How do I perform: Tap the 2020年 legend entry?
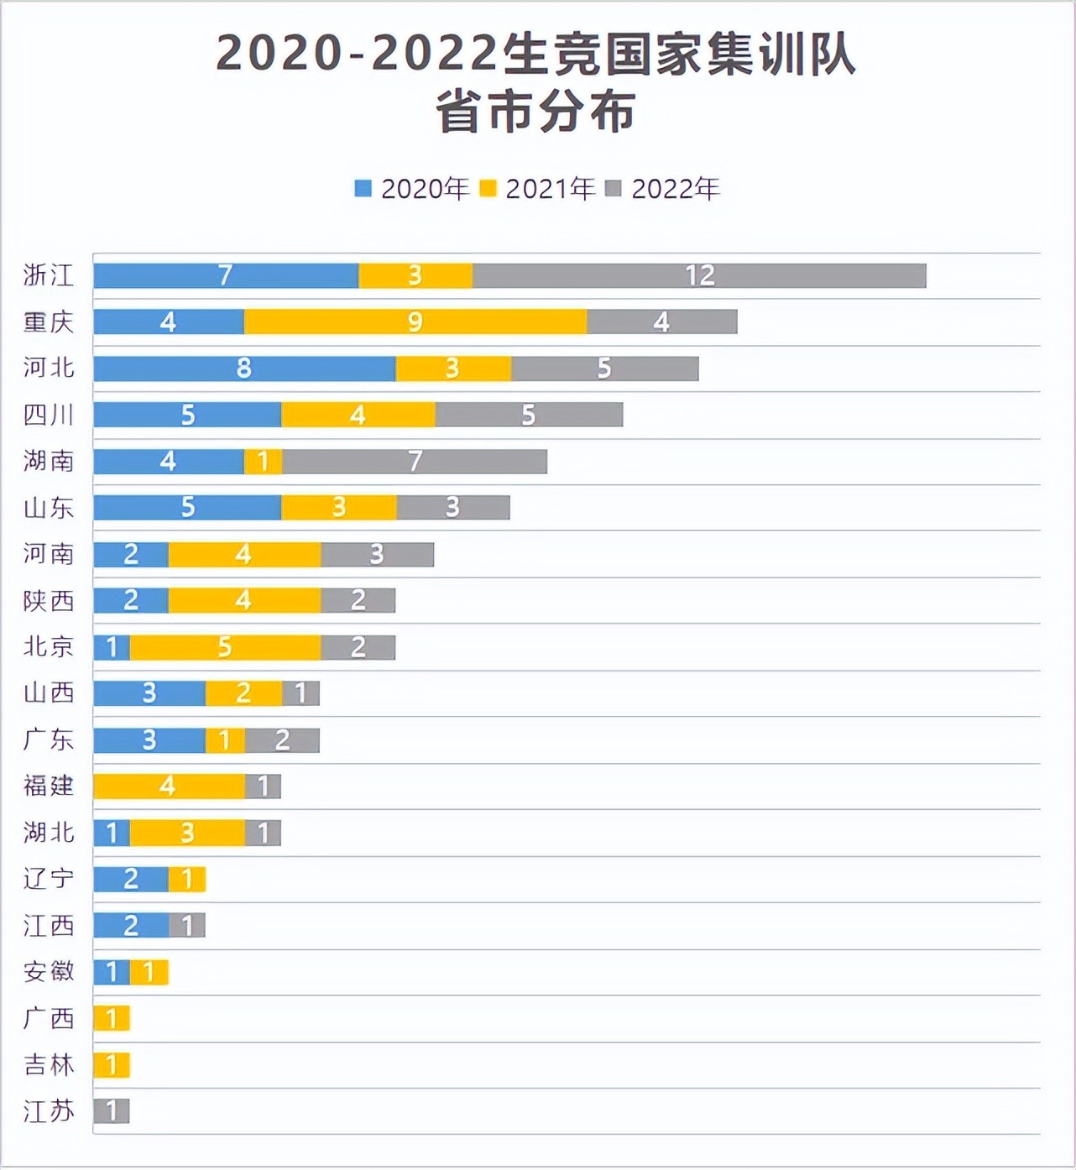click(411, 189)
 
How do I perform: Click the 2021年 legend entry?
click(537, 189)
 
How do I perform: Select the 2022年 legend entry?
click(663, 189)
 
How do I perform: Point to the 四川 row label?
click(49, 415)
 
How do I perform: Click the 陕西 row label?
click(49, 600)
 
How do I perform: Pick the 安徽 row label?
click(49, 972)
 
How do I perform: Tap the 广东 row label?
click(49, 739)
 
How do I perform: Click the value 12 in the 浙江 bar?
click(699, 275)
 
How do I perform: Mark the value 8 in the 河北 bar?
click(243, 368)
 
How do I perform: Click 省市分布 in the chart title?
click(535, 112)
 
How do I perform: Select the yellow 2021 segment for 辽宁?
click(187, 879)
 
